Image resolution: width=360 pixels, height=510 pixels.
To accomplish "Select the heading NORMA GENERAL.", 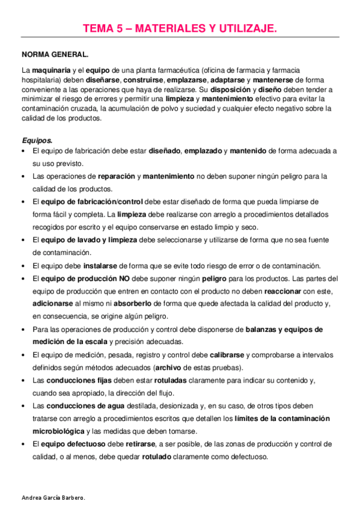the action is click(55, 54).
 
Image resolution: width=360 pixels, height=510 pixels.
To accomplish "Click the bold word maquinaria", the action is click(51, 70).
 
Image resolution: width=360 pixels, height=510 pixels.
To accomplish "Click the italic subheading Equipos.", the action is click(37, 140).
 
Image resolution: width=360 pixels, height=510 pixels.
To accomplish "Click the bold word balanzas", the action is click(262, 329).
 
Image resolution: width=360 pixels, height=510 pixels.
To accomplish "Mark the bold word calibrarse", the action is click(228, 354).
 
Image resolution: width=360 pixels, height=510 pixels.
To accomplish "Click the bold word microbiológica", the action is click(59, 431).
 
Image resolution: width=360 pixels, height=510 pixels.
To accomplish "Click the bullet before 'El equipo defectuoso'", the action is click(23, 444).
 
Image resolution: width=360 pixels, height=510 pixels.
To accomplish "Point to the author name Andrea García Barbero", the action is click(53, 499).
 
